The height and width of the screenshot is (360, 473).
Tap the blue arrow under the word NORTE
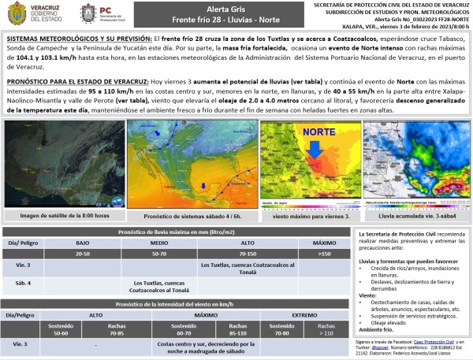[315, 147]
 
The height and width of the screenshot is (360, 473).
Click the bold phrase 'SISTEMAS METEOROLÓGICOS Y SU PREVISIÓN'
[75, 38]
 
